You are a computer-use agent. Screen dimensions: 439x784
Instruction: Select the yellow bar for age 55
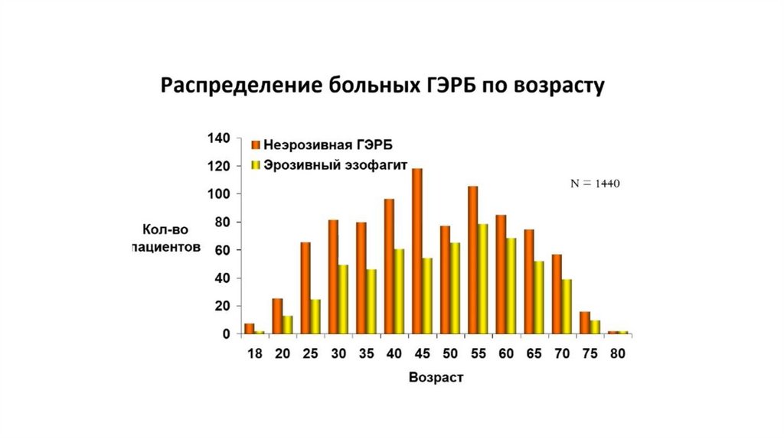(483, 279)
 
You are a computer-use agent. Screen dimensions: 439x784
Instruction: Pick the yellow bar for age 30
(343, 299)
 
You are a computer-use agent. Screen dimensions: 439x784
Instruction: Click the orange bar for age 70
(557, 294)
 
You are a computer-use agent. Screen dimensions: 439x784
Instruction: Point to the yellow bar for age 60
(511, 286)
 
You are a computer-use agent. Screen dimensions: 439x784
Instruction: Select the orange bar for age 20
(277, 316)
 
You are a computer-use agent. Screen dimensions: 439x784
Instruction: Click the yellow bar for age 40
(399, 291)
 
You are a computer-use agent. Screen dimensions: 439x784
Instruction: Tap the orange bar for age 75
(585, 323)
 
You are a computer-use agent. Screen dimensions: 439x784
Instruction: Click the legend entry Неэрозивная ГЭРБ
(328, 145)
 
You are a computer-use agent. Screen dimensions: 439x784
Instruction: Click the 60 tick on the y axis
(221, 250)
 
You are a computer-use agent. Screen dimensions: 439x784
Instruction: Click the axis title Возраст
(436, 378)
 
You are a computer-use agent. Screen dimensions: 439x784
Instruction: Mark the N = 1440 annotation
(593, 184)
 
